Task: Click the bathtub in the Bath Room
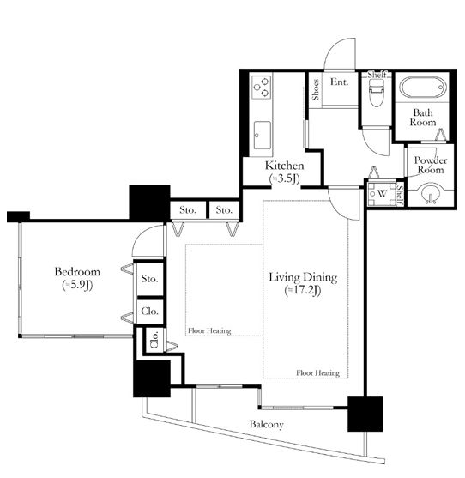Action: point(423,88)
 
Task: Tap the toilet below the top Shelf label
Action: point(377,93)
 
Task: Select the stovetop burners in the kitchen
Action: point(261,87)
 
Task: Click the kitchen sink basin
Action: point(262,136)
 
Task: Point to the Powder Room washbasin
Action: point(432,193)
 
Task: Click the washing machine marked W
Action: point(382,194)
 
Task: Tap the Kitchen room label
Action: point(284,166)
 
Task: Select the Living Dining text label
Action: point(303,277)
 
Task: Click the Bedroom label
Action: point(77,272)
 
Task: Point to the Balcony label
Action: point(266,424)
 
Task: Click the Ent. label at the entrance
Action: point(339,82)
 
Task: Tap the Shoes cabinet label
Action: point(316,89)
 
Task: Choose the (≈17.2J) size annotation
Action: point(303,291)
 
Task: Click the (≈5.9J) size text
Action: point(77,285)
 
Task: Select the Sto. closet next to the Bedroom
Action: point(149,279)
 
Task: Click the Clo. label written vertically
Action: point(154,339)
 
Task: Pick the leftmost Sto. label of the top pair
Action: point(187,209)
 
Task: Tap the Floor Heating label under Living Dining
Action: point(317,372)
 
